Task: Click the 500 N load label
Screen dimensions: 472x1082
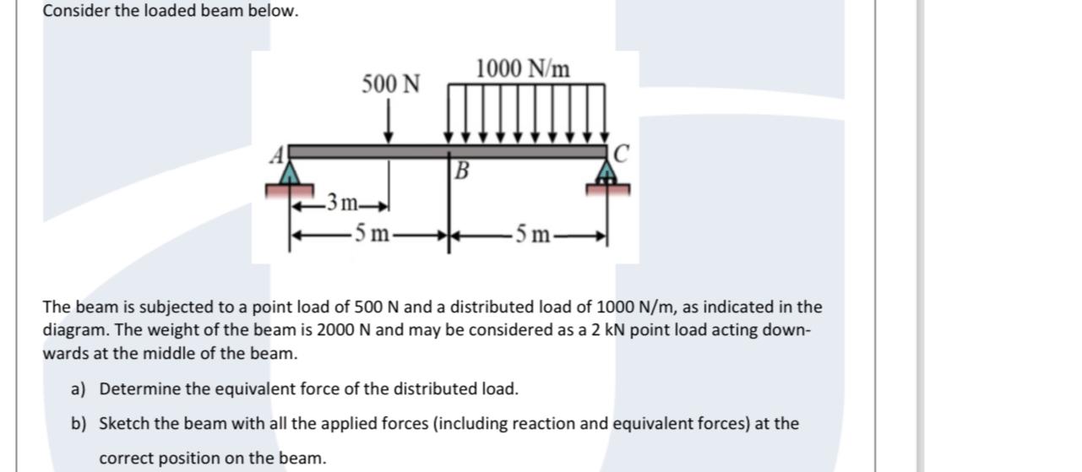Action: [390, 84]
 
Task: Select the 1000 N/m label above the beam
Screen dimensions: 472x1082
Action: [523, 68]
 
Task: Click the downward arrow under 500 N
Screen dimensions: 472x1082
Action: [389, 122]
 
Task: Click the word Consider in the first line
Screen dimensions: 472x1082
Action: [73, 12]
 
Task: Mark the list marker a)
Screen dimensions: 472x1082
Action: [79, 389]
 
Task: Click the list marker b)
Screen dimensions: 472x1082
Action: [79, 423]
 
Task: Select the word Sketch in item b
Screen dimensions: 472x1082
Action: [123, 423]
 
